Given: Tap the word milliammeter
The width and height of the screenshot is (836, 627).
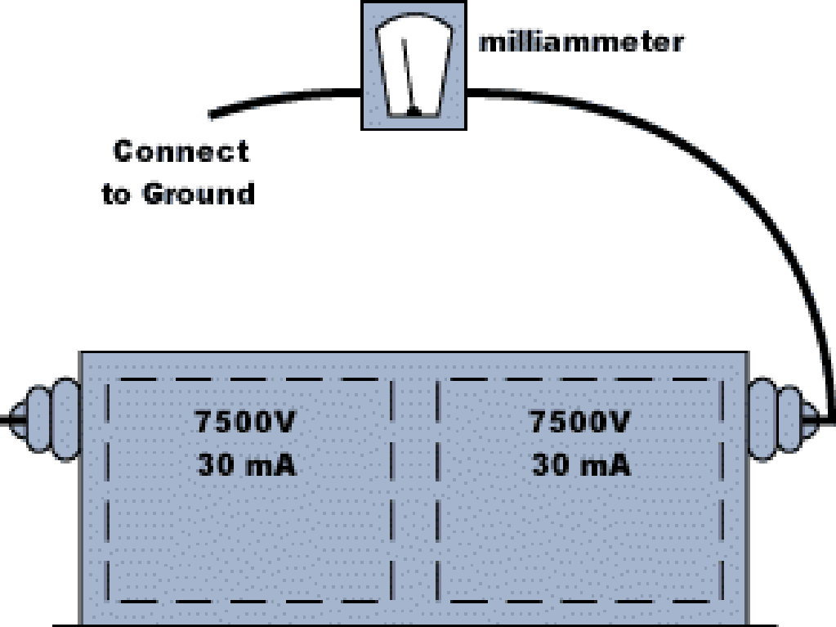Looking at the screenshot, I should pyautogui.click(x=580, y=42).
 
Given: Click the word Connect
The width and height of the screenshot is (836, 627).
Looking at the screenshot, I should pyautogui.click(x=181, y=152).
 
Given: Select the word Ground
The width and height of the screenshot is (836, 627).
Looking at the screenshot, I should pyautogui.click(x=199, y=195).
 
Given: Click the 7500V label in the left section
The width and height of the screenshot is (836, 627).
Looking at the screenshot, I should pyautogui.click(x=245, y=423).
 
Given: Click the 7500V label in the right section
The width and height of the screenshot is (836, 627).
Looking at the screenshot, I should pyautogui.click(x=580, y=423).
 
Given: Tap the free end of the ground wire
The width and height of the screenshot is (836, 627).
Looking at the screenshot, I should pyautogui.click(x=212, y=114).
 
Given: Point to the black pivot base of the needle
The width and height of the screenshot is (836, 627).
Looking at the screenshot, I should pyautogui.click(x=415, y=109).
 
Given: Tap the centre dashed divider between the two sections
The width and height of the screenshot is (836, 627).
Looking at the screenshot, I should pyautogui.click(x=415, y=490).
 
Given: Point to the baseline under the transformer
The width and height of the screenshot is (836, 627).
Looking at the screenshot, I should pyautogui.click(x=409, y=624).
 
